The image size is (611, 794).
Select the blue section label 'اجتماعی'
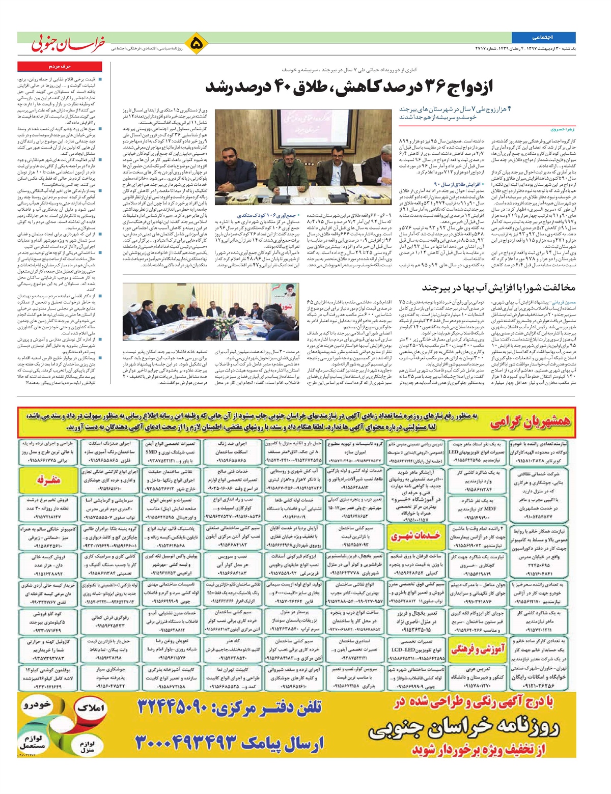tap(543, 37)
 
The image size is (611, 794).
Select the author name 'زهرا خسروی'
tap(562, 130)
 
